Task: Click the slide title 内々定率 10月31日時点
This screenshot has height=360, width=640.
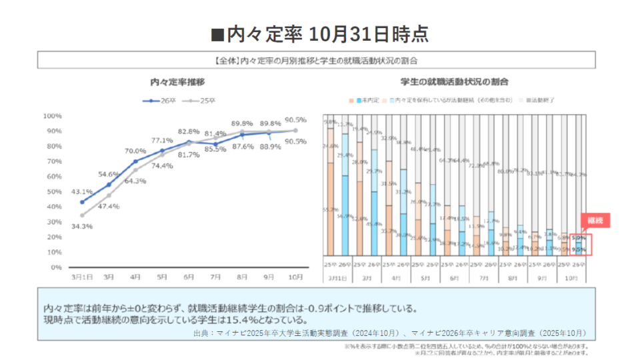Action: [x=319, y=33]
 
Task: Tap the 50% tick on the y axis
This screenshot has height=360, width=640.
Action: [x=53, y=191]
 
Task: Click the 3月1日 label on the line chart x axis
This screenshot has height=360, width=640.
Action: [x=82, y=276]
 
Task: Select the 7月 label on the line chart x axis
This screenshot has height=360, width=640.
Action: [x=215, y=276]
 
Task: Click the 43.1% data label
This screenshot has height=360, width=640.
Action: [x=82, y=191]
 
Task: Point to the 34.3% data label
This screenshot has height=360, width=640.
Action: [x=82, y=227]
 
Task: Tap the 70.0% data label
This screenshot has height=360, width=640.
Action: [x=135, y=151]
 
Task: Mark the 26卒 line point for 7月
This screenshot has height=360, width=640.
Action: [x=215, y=144]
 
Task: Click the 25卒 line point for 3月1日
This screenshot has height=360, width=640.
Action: [x=82, y=215]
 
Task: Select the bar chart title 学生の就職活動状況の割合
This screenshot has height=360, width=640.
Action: [x=455, y=82]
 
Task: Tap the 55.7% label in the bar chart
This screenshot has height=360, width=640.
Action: [x=329, y=209]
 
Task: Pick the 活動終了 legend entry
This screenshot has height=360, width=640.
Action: [x=540, y=100]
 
